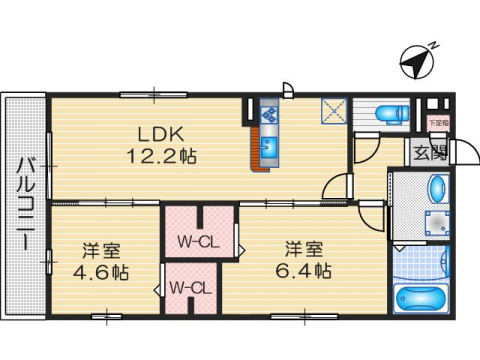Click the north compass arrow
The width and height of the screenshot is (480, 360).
[414, 63]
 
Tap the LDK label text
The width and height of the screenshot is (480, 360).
[157, 134]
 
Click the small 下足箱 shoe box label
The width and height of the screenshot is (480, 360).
[437, 121]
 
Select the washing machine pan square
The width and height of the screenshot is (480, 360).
[436, 224]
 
